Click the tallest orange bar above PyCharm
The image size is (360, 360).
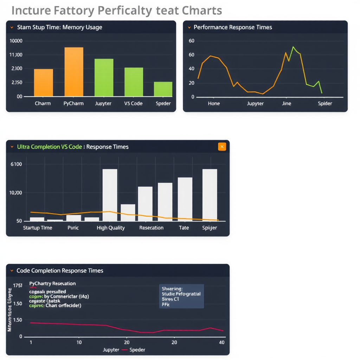pos(74,72)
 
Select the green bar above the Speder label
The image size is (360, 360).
pos(163,89)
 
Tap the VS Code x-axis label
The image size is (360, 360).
pos(133,103)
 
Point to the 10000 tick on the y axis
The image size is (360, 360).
pos(16,41)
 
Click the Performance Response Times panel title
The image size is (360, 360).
pos(233,27)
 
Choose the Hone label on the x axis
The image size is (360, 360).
pos(214,103)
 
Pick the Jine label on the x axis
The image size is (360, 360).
pos(287,103)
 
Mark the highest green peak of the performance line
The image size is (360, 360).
pos(293,47)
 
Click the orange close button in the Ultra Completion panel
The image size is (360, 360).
pos(222,147)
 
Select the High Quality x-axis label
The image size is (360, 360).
pos(111,228)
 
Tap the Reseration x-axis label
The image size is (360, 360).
pos(151,228)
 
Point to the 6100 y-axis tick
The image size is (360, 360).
pos(16,164)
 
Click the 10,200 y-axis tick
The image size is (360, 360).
pos(15,193)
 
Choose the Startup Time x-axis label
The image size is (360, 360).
pos(37,228)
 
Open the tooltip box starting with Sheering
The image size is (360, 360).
pos(181,296)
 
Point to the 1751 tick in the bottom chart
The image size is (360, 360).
pos(18,285)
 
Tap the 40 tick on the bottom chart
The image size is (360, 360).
pos(221,342)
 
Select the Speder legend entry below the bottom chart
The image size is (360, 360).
pos(137,350)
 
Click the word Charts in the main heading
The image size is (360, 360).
pos(202,11)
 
